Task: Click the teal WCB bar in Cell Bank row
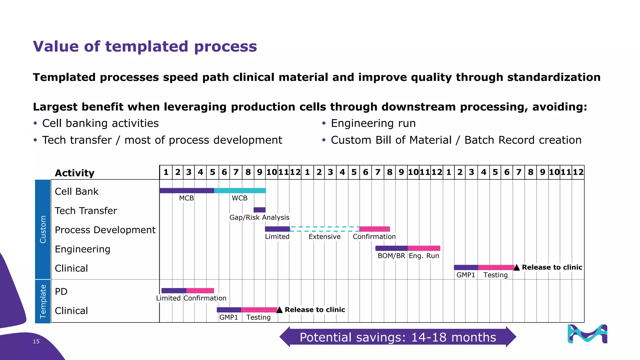pyautogui.click(x=240, y=191)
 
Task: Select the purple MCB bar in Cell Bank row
pyautogui.click(x=187, y=191)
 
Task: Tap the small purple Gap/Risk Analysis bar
pyautogui.click(x=259, y=210)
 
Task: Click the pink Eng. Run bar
pyautogui.click(x=424, y=248)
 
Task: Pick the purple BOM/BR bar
pyautogui.click(x=391, y=248)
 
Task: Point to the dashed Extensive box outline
pyautogui.click(x=324, y=229)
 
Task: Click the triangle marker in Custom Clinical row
pyautogui.click(x=517, y=267)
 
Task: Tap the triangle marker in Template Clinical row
pyautogui.click(x=280, y=310)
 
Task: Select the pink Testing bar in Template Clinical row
pyautogui.click(x=259, y=310)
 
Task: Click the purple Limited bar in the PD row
pyautogui.click(x=174, y=291)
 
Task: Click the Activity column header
pyautogui.click(x=74, y=173)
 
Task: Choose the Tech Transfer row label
pyautogui.click(x=86, y=211)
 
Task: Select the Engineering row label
pyautogui.click(x=82, y=249)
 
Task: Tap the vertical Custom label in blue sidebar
pyautogui.click(x=43, y=229)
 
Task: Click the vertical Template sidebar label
pyautogui.click(x=43, y=301)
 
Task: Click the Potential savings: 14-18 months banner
pyautogui.click(x=397, y=337)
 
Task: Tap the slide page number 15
pyautogui.click(x=36, y=342)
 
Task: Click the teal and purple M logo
pyautogui.click(x=587, y=334)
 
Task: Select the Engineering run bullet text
pyautogui.click(x=373, y=123)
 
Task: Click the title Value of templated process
pyautogui.click(x=145, y=47)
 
